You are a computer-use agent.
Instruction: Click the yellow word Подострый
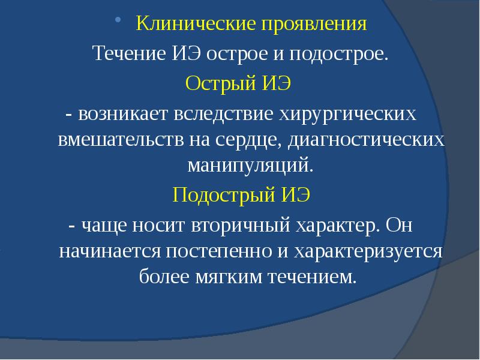tap(222, 195)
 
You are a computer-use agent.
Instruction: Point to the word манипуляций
tap(251, 164)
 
